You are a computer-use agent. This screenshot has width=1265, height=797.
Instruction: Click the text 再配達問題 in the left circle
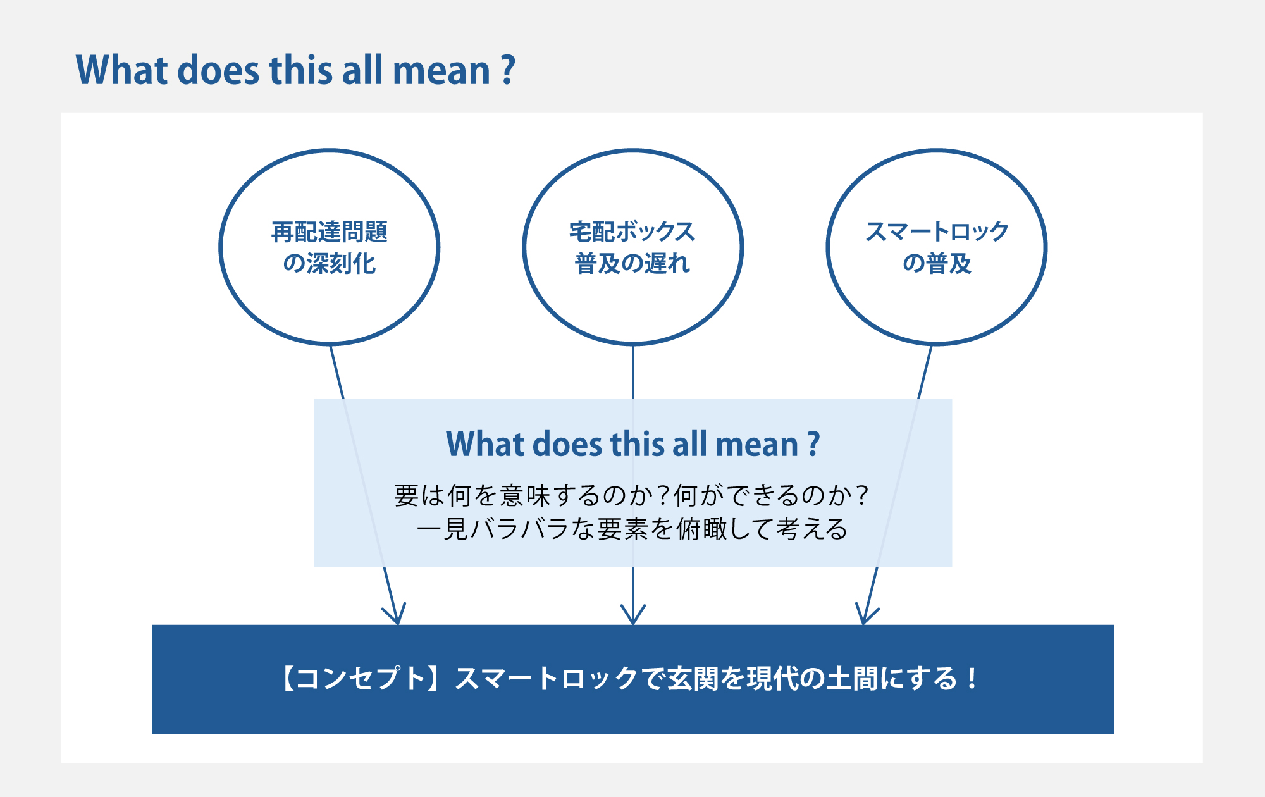click(330, 232)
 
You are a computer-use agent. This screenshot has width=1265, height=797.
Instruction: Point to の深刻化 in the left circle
click(330, 263)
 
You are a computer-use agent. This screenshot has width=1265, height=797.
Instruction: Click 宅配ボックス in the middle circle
click(632, 232)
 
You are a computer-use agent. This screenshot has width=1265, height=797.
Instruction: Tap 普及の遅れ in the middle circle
click(632, 263)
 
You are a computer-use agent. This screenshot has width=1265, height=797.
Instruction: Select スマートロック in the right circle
click(937, 232)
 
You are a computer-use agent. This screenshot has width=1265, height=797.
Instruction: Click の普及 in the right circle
click(937, 263)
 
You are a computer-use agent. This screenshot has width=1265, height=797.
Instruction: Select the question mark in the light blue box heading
click(814, 444)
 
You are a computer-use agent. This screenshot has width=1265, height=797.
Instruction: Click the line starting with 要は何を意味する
click(632, 495)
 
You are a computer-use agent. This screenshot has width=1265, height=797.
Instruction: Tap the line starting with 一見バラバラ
click(632, 529)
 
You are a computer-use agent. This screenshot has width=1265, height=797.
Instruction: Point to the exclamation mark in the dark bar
click(972, 679)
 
